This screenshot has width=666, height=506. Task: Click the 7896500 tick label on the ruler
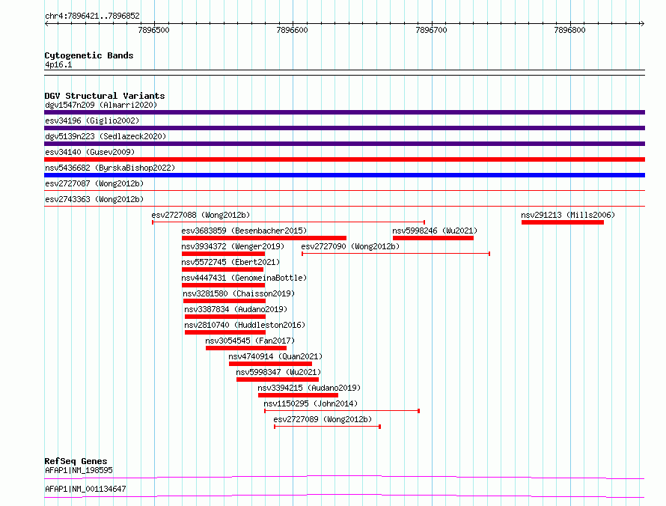153,30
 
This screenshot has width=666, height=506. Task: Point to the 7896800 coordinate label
569,30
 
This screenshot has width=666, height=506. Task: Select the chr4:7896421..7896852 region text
92,16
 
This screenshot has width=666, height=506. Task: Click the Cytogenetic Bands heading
89,55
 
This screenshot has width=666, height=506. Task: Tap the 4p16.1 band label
58,64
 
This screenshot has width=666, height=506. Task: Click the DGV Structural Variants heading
105,96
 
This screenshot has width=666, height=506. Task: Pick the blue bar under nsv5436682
344,175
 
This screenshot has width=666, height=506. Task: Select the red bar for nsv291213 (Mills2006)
563,222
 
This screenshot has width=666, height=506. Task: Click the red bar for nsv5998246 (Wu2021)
433,238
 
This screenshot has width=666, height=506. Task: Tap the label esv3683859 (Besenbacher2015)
244,231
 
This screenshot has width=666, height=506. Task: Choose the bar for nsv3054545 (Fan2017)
246,348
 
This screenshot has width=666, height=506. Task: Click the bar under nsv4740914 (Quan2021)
270,364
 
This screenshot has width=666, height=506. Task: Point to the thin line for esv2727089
327,427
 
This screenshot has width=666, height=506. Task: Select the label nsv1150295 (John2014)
311,403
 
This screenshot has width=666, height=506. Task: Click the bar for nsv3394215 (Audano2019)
298,395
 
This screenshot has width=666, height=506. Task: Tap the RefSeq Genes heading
76,461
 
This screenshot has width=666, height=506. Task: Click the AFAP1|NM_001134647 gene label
85,489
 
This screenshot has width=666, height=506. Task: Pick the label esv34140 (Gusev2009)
90,152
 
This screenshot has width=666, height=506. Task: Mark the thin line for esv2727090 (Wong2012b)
396,254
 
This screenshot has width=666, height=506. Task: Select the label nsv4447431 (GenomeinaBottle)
244,278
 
